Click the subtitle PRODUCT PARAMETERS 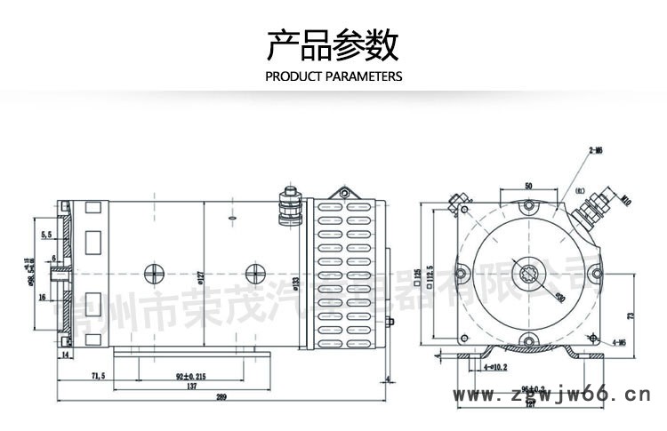(x=333, y=76)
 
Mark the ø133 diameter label (x=295, y=283)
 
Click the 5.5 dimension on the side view (x=45, y=235)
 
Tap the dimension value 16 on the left (x=42, y=298)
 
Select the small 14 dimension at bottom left (x=65, y=355)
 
